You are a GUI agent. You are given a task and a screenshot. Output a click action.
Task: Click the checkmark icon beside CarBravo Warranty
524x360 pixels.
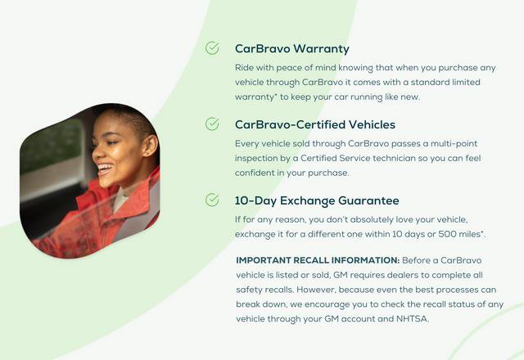[x=212, y=48]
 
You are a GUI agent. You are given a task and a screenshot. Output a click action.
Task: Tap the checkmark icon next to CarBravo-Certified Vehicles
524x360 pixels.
[x=212, y=124]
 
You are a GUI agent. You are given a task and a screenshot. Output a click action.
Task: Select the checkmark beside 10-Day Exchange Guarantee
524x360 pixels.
[x=212, y=200]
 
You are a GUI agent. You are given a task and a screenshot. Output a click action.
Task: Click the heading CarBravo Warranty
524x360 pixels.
[x=291, y=49]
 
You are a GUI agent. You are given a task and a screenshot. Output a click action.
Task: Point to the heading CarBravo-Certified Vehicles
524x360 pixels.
[x=314, y=124]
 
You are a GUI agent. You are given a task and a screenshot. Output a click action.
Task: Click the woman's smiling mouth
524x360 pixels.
[x=106, y=170]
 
